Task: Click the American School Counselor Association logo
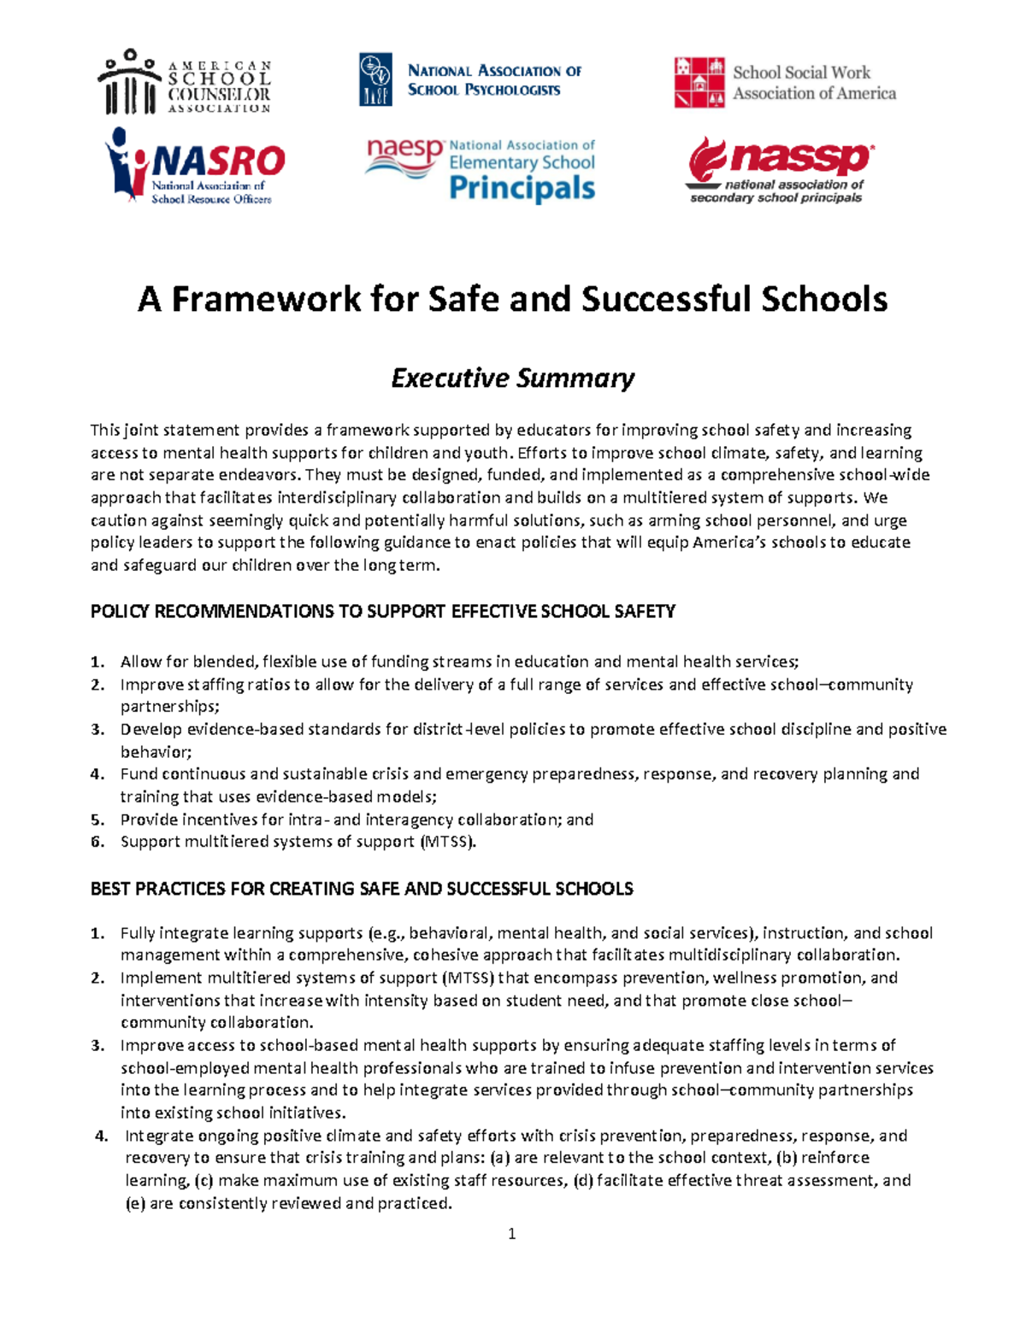(186, 82)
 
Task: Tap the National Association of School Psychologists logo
(470, 80)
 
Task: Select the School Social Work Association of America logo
(785, 83)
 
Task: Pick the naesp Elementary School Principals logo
(480, 170)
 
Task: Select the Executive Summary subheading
(512, 378)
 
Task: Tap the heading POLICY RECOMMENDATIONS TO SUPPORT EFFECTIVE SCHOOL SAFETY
(383, 612)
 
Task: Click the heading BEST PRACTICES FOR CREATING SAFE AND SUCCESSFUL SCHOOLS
(362, 889)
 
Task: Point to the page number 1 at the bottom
(511, 1234)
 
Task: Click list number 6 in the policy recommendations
(97, 842)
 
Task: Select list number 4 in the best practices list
(102, 1136)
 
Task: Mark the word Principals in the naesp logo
(522, 188)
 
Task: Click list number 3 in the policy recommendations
(97, 730)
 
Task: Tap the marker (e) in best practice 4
(135, 1203)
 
